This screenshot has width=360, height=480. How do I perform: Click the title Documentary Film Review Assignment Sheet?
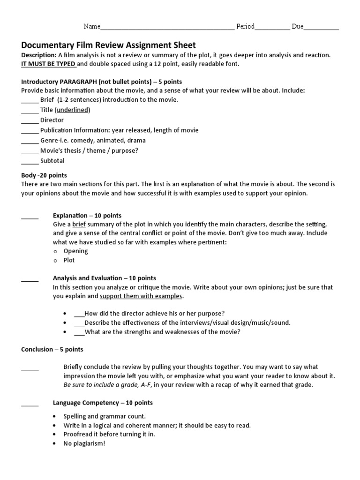pyautogui.click(x=108, y=45)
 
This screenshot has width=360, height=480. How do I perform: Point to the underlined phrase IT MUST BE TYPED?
pyautogui.click(x=48, y=64)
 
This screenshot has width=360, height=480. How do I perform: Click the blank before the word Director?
pyautogui.click(x=30, y=120)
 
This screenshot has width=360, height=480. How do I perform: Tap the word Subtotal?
pyautogui.click(x=52, y=161)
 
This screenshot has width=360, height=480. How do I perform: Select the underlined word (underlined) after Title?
pyautogui.click(x=73, y=110)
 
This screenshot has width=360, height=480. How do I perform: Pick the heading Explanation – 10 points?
pyautogui.click(x=87, y=216)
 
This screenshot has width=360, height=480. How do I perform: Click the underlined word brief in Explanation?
pyautogui.click(x=79, y=225)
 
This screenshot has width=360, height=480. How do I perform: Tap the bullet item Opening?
pyautogui.click(x=75, y=251)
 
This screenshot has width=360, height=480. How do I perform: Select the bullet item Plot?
pyautogui.click(x=69, y=260)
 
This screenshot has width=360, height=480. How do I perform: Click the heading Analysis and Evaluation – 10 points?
pyautogui.click(x=105, y=278)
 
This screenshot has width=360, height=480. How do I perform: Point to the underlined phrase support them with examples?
pyautogui.click(x=141, y=296)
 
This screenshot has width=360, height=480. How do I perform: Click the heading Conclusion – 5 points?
pyautogui.click(x=52, y=349)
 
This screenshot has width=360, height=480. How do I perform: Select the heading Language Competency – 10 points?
pyautogui.click(x=103, y=403)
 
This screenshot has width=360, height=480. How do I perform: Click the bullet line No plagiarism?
pyautogui.click(x=84, y=443)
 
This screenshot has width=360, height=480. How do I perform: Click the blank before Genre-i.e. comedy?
pyautogui.click(x=30, y=141)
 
